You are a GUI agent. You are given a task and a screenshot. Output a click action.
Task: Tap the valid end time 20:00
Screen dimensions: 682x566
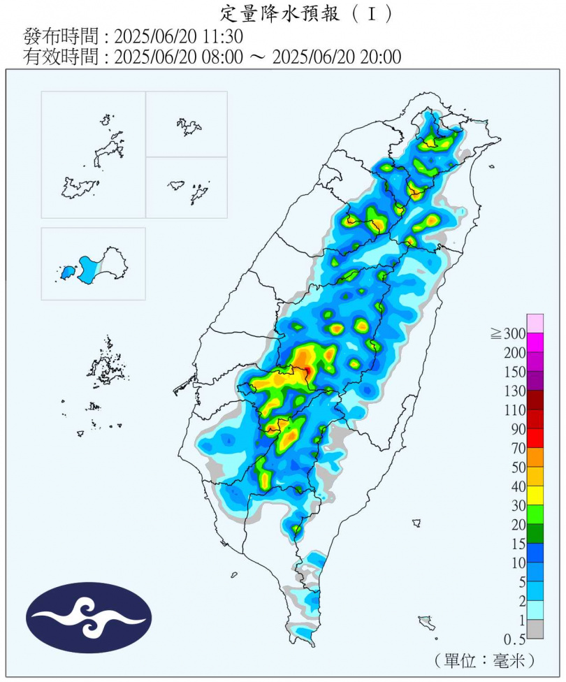click(382, 57)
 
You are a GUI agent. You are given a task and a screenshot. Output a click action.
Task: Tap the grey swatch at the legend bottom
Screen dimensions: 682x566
click(535, 629)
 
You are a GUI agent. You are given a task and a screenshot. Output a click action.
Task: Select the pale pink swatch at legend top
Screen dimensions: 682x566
click(535, 323)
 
